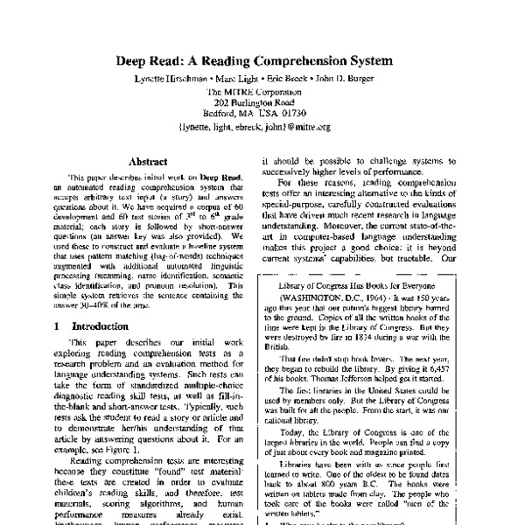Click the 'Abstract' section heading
149,162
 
